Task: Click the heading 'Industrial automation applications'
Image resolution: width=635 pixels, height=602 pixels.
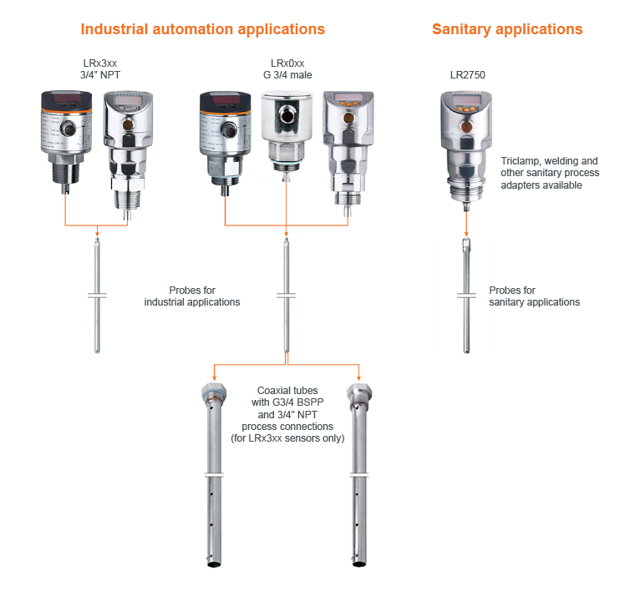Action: [x=202, y=29]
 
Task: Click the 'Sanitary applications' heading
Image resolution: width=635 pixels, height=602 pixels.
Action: [x=507, y=29]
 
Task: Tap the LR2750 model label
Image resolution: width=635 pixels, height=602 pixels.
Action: [x=467, y=75]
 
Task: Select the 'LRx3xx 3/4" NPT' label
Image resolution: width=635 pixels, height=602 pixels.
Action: [x=100, y=69]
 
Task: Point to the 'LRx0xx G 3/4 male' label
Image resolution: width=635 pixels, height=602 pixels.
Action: [x=287, y=69]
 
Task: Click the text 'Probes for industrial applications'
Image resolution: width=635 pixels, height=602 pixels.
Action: [x=192, y=296]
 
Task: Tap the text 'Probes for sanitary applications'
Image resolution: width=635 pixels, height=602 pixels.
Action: [x=534, y=296]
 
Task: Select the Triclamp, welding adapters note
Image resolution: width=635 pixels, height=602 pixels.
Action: [x=550, y=173]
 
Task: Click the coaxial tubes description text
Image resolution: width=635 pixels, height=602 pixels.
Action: [x=287, y=414]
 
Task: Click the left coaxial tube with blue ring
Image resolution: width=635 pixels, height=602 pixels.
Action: [x=214, y=474]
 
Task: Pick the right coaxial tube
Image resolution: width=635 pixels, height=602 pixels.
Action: [x=359, y=474]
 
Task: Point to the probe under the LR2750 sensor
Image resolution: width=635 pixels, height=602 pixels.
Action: [x=466, y=296]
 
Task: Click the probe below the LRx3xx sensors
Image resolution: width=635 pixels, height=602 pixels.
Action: [x=97, y=296]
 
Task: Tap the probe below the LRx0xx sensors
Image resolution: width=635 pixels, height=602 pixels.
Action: [x=287, y=296]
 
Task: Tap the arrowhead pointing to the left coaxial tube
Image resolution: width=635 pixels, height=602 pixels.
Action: [x=214, y=378]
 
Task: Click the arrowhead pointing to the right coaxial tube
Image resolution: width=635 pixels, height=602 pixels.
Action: [x=358, y=378]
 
